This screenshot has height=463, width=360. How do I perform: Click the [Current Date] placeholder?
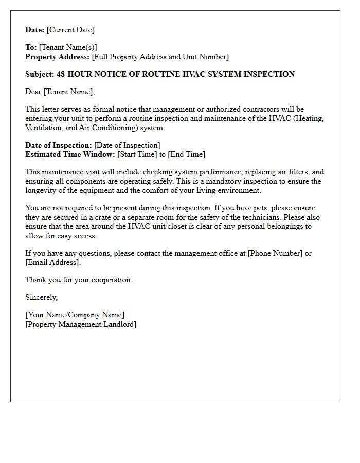(x=70, y=30)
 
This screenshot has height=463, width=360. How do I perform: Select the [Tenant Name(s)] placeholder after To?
(x=68, y=47)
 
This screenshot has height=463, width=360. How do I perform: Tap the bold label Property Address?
(x=57, y=57)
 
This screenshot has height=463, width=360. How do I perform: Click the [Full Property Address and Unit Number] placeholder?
(x=160, y=57)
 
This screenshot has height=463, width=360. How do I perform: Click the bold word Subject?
(x=40, y=74)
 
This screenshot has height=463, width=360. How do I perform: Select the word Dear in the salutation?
(x=33, y=92)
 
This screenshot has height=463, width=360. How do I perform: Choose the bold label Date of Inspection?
(x=59, y=145)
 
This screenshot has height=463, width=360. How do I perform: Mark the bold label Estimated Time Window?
(x=70, y=154)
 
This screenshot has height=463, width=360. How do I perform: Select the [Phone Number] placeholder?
(x=275, y=253)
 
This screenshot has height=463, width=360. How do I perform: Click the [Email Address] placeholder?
(x=52, y=262)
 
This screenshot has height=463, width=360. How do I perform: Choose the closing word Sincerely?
(x=41, y=297)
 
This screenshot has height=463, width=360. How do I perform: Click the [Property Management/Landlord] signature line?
(x=81, y=324)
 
